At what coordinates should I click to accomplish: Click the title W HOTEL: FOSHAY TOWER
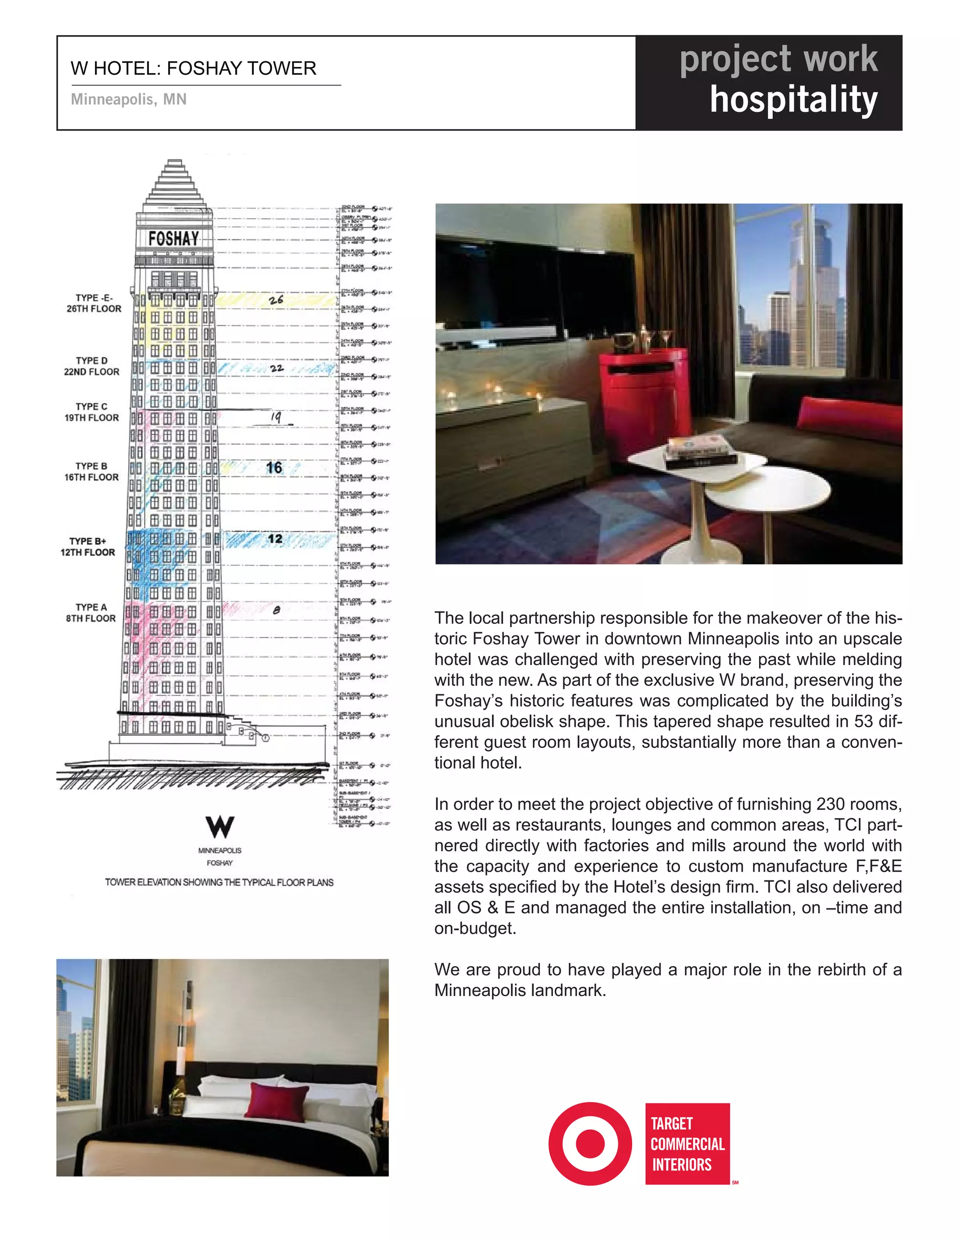click(x=193, y=68)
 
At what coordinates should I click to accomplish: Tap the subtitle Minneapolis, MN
click(x=128, y=99)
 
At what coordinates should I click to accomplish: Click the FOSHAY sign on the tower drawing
click(x=174, y=238)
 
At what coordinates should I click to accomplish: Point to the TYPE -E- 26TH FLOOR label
click(x=94, y=303)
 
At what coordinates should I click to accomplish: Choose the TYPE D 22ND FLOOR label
click(x=91, y=366)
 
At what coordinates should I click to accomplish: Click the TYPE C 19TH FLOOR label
click(x=91, y=412)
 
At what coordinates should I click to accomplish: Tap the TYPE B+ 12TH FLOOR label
click(x=88, y=547)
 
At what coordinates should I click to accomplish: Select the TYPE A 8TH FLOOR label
click(x=91, y=613)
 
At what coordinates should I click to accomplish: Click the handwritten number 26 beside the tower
click(x=276, y=299)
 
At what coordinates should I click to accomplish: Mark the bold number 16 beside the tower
click(x=274, y=468)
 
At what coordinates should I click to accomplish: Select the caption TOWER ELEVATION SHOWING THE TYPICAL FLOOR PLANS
click(x=219, y=882)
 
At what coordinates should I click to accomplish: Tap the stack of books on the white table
click(x=700, y=452)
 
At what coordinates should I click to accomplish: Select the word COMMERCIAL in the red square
click(x=687, y=1144)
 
